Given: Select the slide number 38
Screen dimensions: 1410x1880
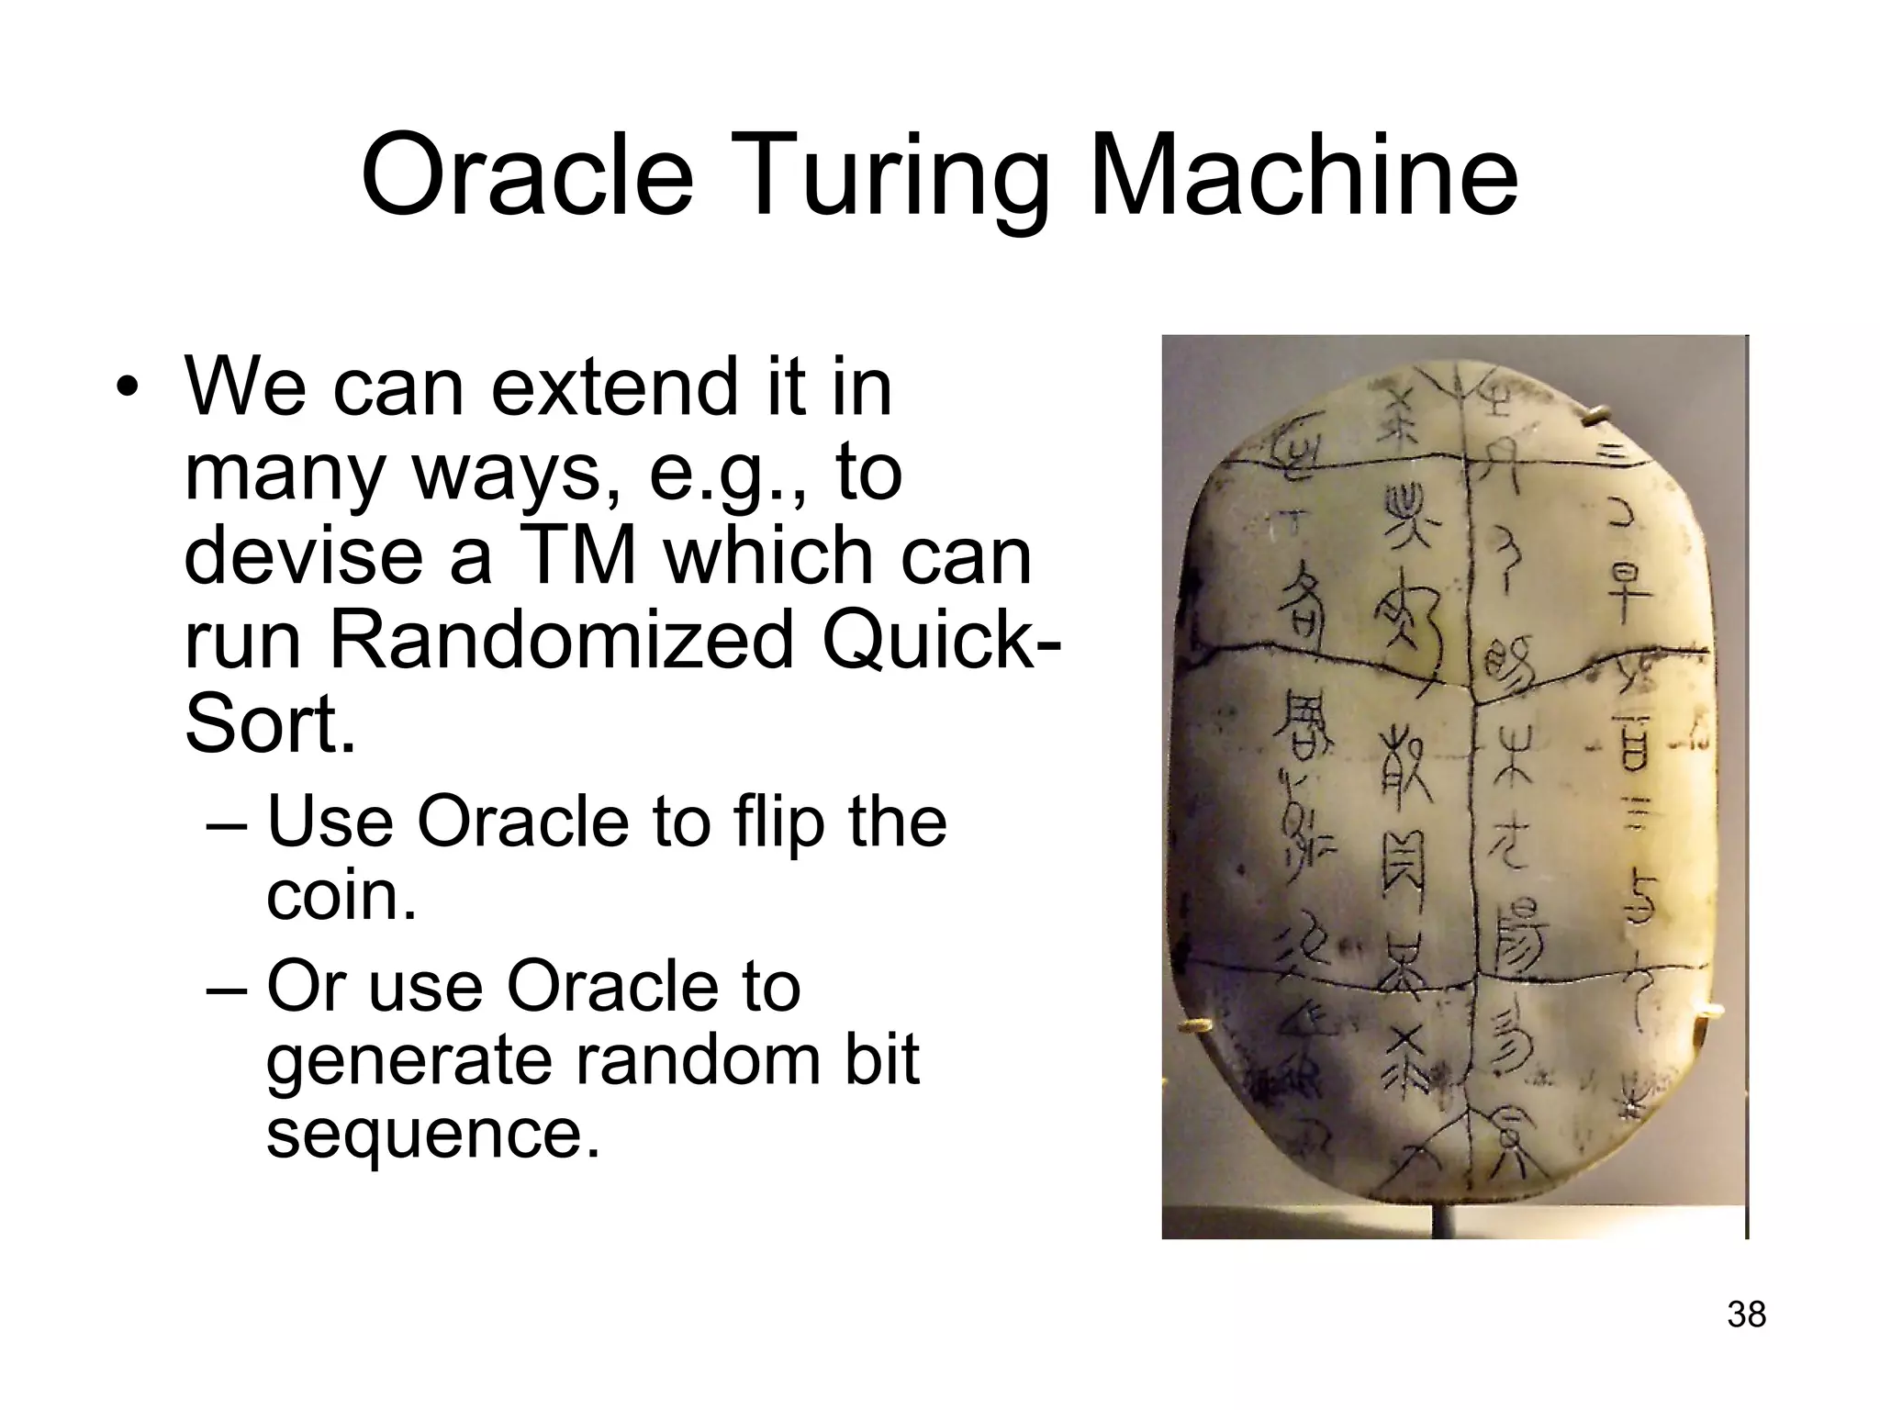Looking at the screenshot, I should coord(1746,1315).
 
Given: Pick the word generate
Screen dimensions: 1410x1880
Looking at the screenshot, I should coord(410,1059).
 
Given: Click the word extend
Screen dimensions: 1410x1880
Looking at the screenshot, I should coord(615,386).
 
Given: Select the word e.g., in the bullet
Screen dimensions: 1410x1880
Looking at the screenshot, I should coord(730,472).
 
